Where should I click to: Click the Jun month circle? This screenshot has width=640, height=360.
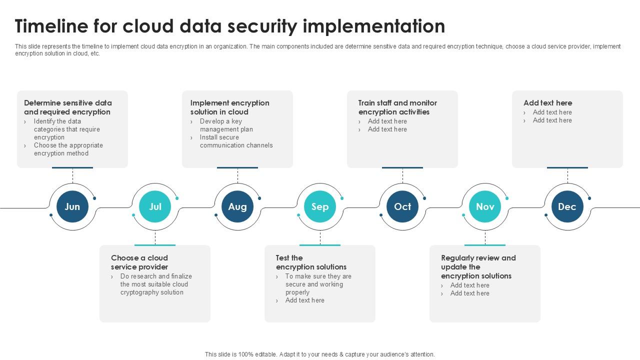(x=72, y=206)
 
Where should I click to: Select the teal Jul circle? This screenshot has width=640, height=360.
(x=155, y=206)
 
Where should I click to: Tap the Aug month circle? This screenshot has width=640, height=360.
(x=237, y=206)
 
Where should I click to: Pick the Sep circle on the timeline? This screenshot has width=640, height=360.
(x=320, y=206)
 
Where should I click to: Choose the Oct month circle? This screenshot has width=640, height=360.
(x=402, y=206)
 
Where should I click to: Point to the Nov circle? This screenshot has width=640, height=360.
(x=485, y=206)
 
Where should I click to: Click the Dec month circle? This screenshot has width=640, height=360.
(x=567, y=206)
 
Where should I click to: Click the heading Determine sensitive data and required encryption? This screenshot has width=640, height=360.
(x=68, y=107)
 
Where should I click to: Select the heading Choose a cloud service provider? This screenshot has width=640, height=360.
(x=139, y=262)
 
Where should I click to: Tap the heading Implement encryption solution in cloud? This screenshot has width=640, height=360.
(x=229, y=107)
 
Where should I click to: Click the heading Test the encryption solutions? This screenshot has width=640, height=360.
(x=310, y=262)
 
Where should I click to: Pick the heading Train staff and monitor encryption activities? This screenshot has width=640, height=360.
(x=397, y=107)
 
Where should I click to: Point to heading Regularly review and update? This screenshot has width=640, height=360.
(x=478, y=267)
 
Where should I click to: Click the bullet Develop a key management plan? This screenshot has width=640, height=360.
(x=226, y=125)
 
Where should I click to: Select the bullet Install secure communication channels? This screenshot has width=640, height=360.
(x=236, y=141)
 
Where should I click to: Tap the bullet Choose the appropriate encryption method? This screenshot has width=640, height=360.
(x=68, y=149)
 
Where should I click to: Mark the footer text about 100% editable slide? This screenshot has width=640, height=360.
(x=320, y=354)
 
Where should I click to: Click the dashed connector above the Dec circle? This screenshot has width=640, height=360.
(x=567, y=176)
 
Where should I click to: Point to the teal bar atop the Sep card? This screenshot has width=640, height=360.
(x=320, y=245)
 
